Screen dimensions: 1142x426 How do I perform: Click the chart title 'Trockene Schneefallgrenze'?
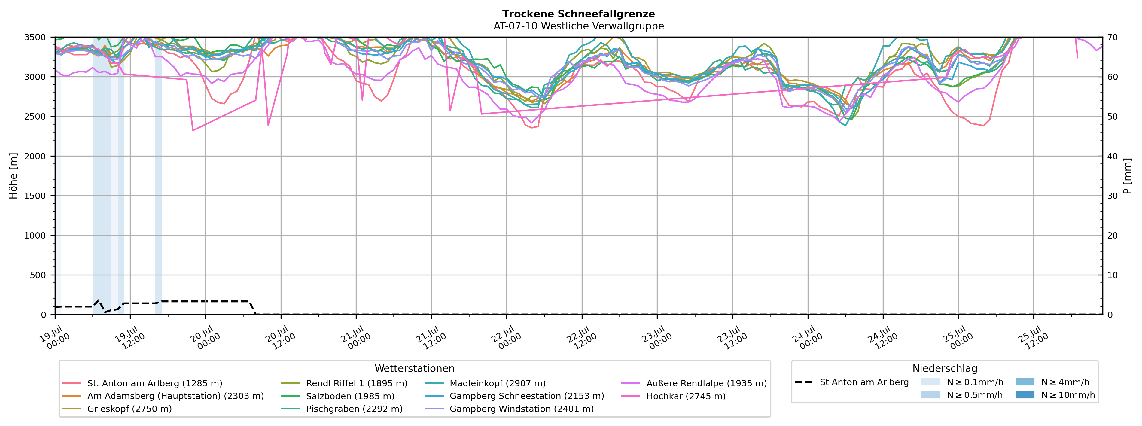pos(579,14)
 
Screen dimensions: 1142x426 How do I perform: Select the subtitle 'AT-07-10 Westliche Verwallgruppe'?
pos(579,26)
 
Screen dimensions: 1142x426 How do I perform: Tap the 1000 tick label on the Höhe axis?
pos(35,236)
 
